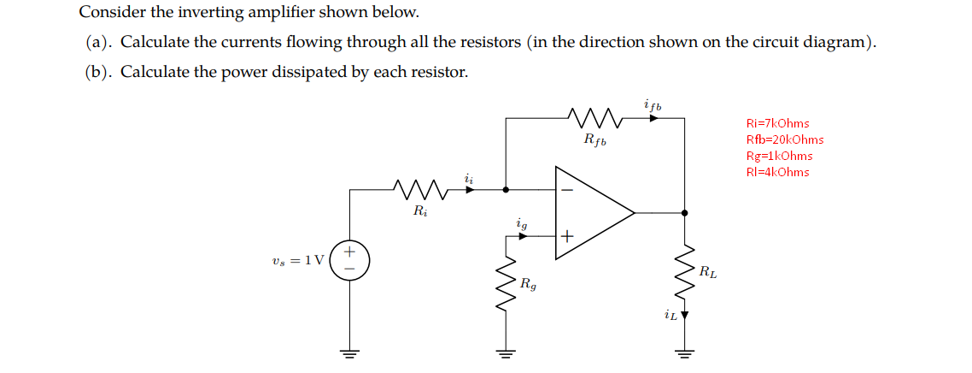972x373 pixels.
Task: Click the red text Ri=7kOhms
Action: pyautogui.click(x=777, y=124)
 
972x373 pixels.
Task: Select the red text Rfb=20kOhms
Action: pyautogui.click(x=785, y=140)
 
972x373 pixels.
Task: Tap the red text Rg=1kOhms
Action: pyautogui.click(x=779, y=156)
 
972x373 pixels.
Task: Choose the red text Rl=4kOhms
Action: pyautogui.click(x=777, y=172)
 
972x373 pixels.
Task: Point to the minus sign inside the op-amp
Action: pyautogui.click(x=566, y=189)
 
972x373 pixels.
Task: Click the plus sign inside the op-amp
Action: pyautogui.click(x=566, y=234)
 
